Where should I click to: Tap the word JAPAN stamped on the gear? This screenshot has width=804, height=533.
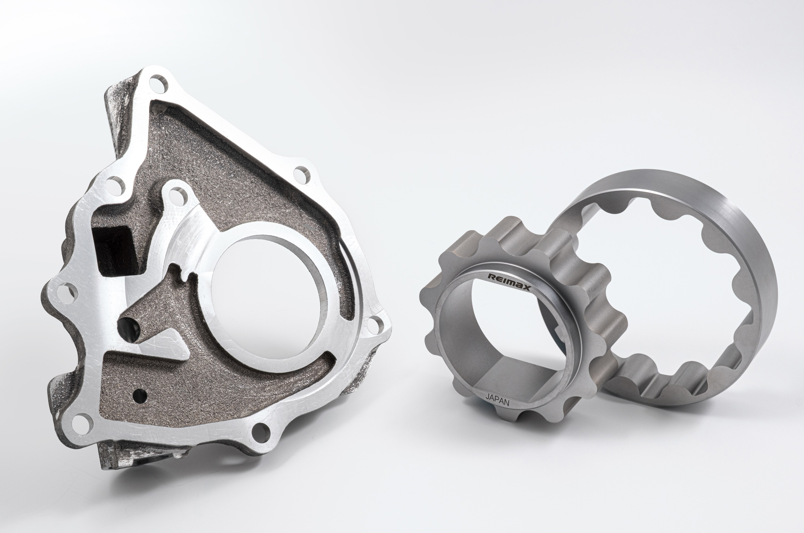(497, 400)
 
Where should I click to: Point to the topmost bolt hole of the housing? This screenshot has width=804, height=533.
(158, 84)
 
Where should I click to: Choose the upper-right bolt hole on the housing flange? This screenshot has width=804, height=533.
(302, 175)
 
